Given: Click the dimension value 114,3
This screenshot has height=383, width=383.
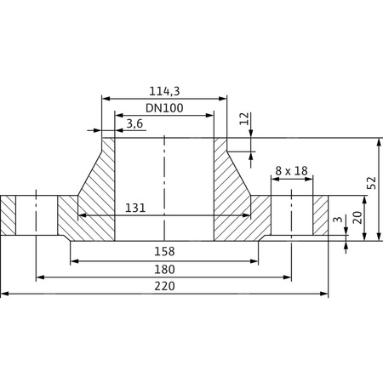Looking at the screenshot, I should [x=164, y=91].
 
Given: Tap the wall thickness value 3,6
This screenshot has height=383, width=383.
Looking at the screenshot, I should [x=134, y=124].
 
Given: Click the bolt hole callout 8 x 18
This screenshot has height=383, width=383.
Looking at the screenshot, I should [x=291, y=171].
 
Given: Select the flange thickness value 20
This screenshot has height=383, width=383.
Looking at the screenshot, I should [x=357, y=218].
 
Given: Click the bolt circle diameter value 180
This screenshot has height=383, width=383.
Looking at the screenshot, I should [x=164, y=270].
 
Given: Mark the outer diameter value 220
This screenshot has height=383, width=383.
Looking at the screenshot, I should [x=164, y=287].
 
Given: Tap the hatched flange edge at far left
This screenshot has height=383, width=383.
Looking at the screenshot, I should [x=9, y=216].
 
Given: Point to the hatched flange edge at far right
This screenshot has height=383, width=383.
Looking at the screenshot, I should [x=320, y=216].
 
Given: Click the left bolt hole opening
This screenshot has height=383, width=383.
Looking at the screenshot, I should [x=37, y=216].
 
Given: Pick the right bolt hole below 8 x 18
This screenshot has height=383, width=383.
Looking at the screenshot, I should [x=292, y=216].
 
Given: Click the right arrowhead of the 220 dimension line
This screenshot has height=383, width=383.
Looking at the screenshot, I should [x=324, y=294].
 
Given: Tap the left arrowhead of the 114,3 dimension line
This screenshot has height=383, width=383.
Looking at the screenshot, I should [x=106, y=99].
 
